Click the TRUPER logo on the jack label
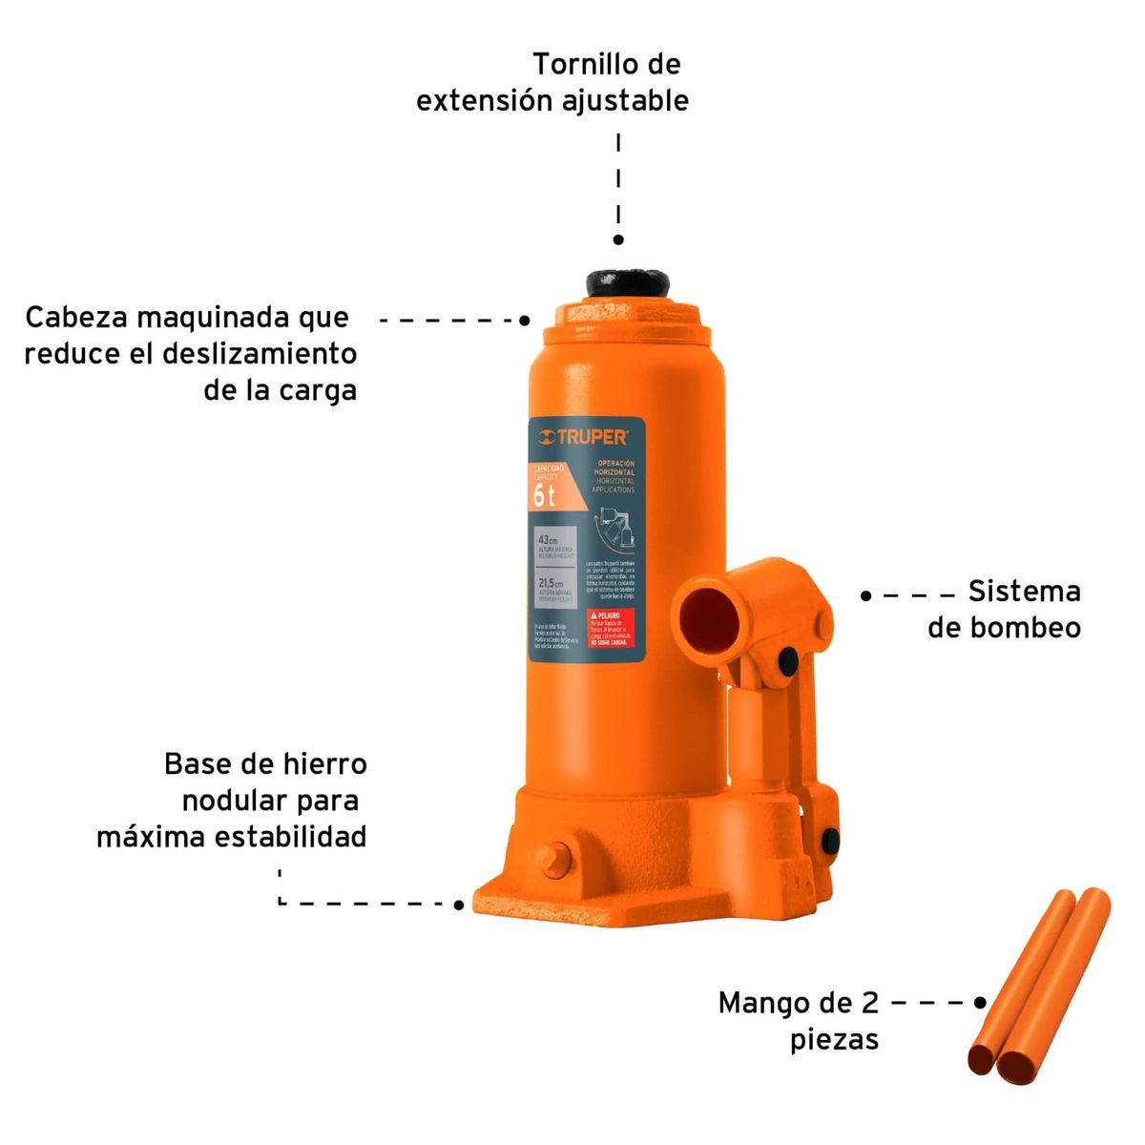click(583, 437)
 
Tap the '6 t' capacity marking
click(544, 495)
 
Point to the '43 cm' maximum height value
click(548, 540)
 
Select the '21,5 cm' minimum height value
click(551, 583)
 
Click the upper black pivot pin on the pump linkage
click(788, 659)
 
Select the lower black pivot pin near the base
click(829, 841)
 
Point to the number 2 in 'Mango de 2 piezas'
click(868, 1003)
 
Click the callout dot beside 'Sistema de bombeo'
click(865, 595)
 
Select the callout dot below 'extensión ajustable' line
click(618, 240)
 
